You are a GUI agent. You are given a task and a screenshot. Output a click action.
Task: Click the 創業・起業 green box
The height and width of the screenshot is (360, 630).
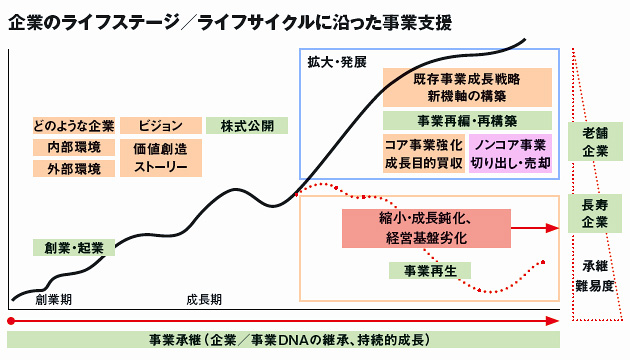coord(73,247)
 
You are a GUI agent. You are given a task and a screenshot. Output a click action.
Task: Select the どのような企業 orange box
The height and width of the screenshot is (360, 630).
coord(73,126)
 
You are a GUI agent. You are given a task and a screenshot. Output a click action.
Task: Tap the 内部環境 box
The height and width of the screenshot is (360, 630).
coord(73,147)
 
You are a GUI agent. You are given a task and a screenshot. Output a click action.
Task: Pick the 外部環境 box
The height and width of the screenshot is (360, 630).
coord(73,168)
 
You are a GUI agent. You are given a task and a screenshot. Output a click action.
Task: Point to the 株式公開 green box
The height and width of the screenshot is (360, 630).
coord(246,126)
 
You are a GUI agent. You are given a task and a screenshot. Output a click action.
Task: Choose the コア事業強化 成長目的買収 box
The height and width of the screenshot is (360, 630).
coord(423,153)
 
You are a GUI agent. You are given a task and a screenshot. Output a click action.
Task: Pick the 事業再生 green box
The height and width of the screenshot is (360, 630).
coord(430,270)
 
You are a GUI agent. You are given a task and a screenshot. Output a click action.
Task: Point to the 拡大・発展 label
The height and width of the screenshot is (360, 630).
coord(337,62)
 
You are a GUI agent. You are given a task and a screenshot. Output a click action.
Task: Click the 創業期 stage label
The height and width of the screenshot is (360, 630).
coord(54,299)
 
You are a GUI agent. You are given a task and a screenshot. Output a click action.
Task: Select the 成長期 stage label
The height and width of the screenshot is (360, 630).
coord(204,299)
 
